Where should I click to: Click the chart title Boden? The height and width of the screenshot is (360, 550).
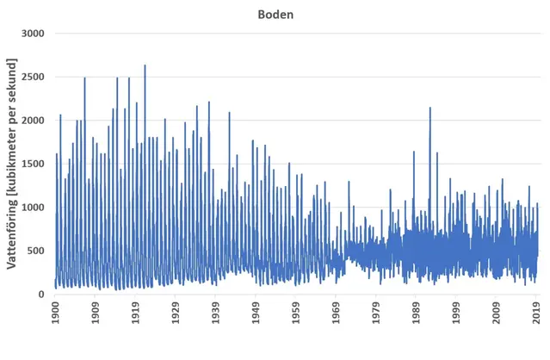coord(275,14)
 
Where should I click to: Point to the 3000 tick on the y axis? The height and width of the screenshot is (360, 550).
coord(34,34)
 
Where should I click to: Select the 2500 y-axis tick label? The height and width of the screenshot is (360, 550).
coord(34,77)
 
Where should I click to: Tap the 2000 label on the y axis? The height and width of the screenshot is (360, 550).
coord(34,121)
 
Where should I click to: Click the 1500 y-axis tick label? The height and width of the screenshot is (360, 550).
coord(34,164)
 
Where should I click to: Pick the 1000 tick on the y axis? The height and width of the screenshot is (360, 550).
coord(34,208)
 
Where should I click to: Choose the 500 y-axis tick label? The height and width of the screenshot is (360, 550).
coord(37,251)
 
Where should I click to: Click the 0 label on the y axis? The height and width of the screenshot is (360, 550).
coord(44,295)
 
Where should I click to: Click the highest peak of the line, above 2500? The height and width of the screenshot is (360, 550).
coord(145,65)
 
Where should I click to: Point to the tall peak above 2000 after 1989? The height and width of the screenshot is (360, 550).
coord(429,109)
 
